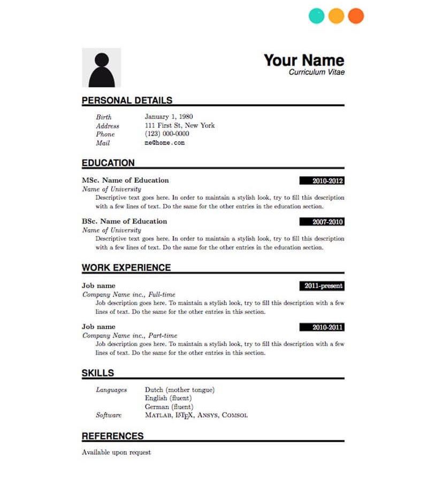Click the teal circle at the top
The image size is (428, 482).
coord(317,16)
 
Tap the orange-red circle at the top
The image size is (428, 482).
coord(356,16)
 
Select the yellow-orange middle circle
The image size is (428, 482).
coord(336,16)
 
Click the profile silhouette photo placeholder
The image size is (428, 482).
coord(102,68)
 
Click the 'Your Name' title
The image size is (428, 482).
coord(304,60)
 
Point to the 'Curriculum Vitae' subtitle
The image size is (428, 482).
coord(317,72)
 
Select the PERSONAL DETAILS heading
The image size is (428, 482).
coord(127,100)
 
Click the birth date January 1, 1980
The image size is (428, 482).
coord(169,117)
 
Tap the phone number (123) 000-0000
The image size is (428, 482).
coord(167,134)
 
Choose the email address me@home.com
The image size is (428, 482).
coord(164,143)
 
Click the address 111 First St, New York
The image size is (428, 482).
coord(180,125)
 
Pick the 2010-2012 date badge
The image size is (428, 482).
coord(322,181)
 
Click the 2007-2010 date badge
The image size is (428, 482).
coord(322,222)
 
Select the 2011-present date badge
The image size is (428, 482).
coord(322,286)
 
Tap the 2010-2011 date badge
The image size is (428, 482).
coord(322,327)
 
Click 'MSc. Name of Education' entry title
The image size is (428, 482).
coord(125,180)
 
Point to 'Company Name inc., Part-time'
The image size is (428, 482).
coord(129,335)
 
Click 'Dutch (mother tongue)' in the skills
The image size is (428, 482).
coord(179,390)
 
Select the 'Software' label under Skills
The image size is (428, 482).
coord(109,415)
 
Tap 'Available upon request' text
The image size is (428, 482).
coord(116,453)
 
